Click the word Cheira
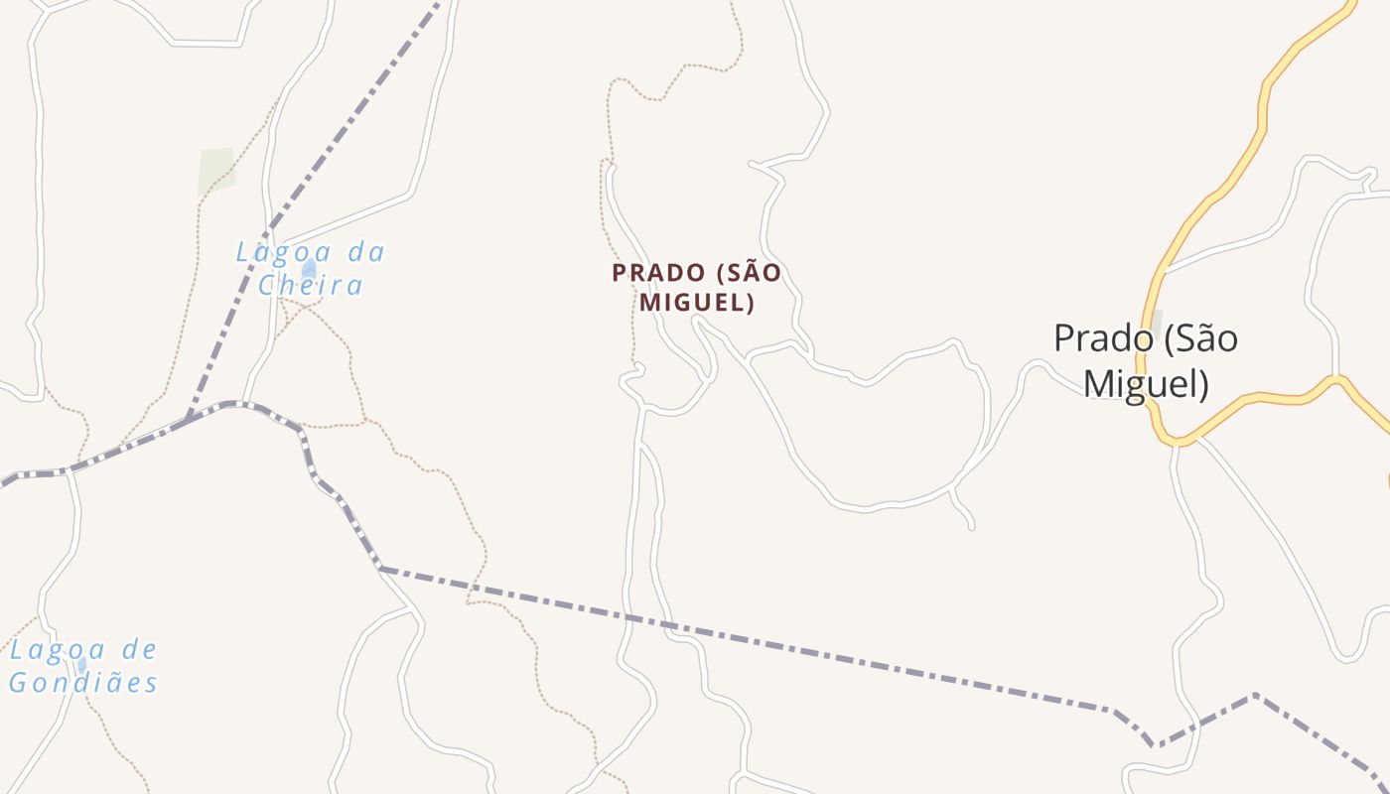pos(311,286)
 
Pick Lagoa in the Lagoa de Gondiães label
pos(50,651)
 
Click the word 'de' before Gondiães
pos(138,651)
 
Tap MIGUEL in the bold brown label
pos(697,303)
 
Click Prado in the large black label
pos(1100,339)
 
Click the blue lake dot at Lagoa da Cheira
pos(309,269)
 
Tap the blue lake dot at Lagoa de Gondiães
pos(81,665)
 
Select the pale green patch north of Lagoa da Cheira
pos(216,171)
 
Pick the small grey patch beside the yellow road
pos(1155,323)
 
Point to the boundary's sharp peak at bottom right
pos(1255,696)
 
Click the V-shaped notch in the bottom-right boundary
pos(1154,743)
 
